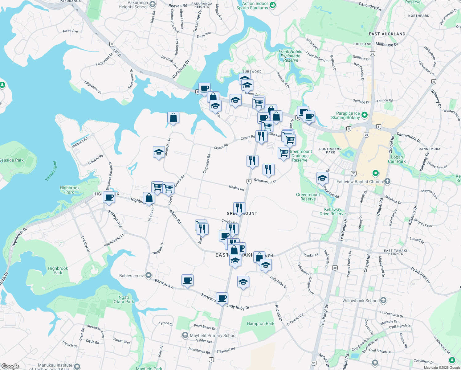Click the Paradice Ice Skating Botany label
(x=345, y=115)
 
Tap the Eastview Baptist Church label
(x=360, y=182)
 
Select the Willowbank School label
(x=360, y=301)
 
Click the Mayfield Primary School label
(x=213, y=335)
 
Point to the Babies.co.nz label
(x=132, y=276)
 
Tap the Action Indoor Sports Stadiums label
(x=252, y=6)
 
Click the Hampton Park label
(x=260, y=323)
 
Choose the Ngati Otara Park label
(x=124, y=299)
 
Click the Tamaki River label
(x=51, y=171)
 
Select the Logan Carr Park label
(x=397, y=159)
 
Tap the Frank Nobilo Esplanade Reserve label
(x=290, y=56)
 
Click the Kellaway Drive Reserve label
(x=332, y=212)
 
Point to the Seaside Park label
(x=12, y=160)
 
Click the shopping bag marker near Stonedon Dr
(x=173, y=117)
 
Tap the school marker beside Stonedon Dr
(x=159, y=152)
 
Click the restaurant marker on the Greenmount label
(x=239, y=208)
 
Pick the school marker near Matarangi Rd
(x=322, y=178)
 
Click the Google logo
(x=10, y=366)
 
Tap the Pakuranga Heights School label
(x=133, y=5)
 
